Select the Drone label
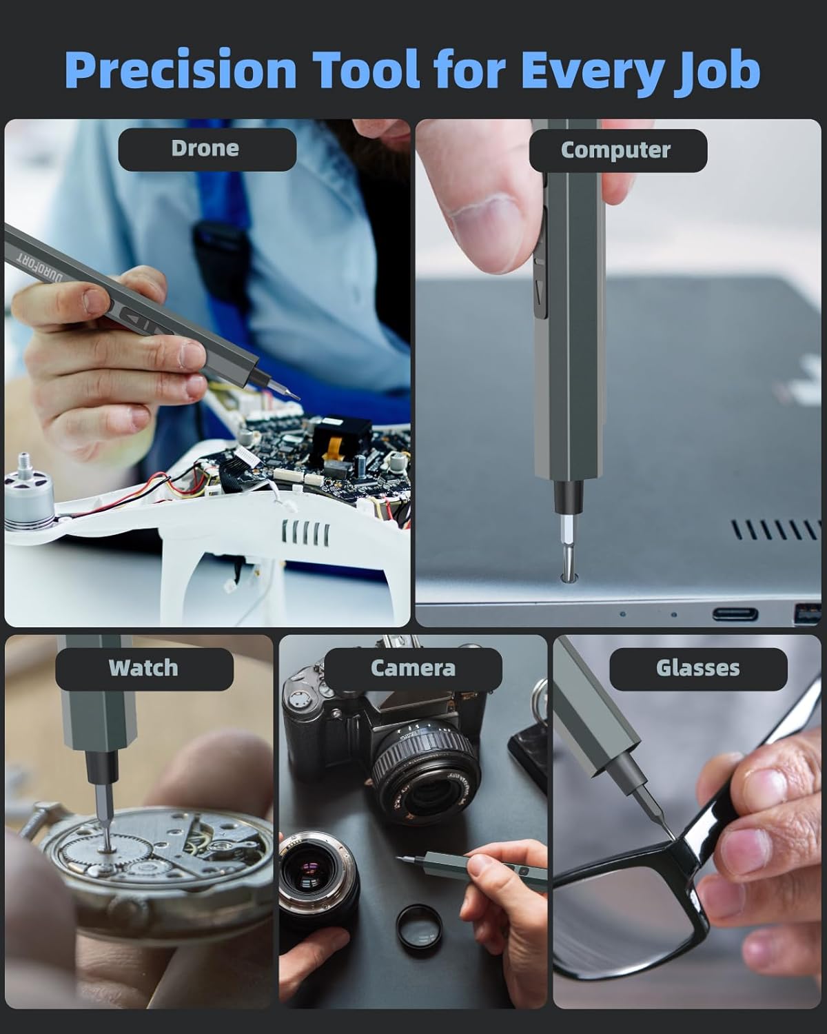(x=205, y=149)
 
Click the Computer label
(x=617, y=150)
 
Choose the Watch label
(x=143, y=668)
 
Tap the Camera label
(x=412, y=668)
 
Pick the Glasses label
(x=697, y=668)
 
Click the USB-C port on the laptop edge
(x=735, y=614)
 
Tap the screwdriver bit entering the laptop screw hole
(x=566, y=551)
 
